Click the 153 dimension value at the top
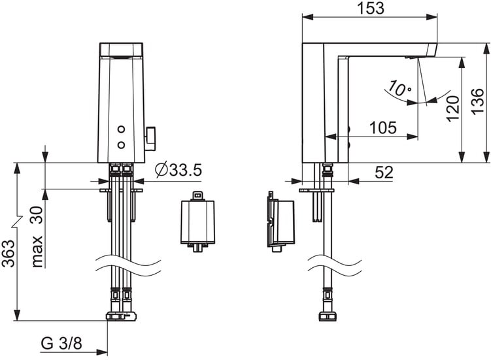[x=371, y=8]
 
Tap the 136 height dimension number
[x=478, y=101]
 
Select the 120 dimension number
[x=452, y=108]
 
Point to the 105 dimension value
[x=383, y=127]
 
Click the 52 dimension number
[x=384, y=172]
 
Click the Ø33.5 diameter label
[x=178, y=170]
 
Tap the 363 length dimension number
[x=8, y=254]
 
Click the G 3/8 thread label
[x=61, y=343]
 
